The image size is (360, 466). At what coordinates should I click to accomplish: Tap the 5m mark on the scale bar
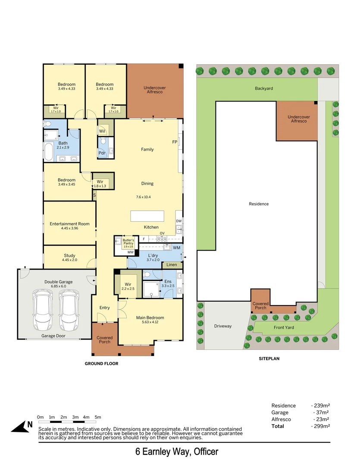(98, 417)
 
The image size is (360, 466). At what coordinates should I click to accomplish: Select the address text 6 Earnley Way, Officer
(177, 452)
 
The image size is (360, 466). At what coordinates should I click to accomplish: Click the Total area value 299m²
(320, 426)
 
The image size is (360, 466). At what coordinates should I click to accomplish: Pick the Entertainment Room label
(69, 224)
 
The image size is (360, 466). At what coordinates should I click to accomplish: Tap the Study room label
(69, 255)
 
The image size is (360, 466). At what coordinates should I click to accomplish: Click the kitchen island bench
(148, 216)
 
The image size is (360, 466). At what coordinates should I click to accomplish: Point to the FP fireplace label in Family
(175, 142)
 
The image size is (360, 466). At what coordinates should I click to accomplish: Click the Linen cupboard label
(172, 264)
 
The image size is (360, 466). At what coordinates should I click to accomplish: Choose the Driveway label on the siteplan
(223, 326)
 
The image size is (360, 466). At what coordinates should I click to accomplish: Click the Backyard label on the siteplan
(264, 88)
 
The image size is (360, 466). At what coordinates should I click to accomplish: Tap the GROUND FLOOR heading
(101, 364)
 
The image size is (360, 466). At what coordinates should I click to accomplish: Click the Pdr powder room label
(102, 153)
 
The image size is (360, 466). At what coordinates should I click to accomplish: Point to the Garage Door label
(53, 336)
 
